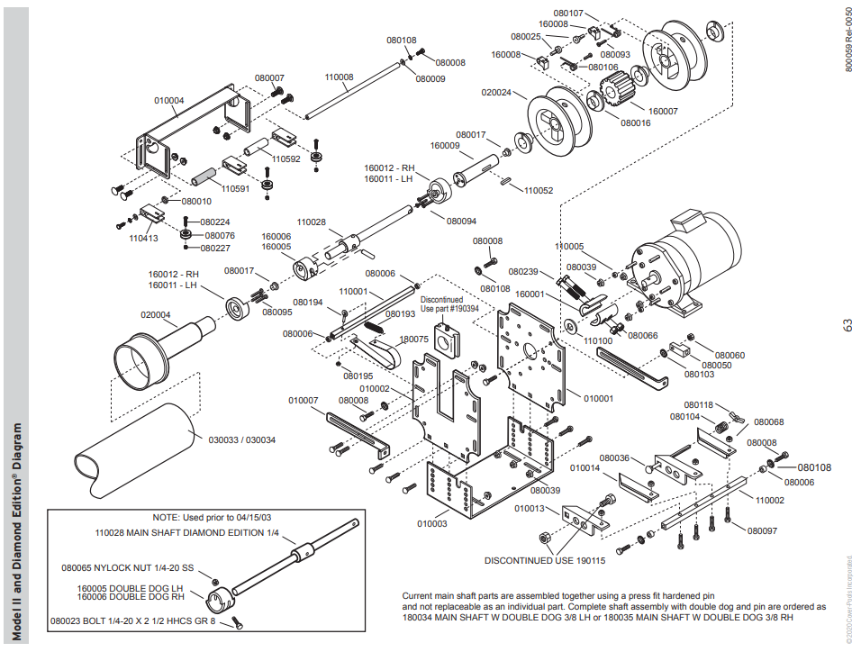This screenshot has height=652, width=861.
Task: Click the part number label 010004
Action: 168,101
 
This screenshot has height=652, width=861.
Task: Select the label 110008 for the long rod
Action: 339,77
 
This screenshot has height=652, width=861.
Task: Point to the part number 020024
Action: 496,93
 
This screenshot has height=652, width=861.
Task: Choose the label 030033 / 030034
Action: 242,440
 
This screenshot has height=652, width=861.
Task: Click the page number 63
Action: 847,325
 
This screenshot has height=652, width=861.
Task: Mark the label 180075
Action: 414,340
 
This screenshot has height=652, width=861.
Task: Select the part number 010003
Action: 432,523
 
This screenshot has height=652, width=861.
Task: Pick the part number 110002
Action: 770,500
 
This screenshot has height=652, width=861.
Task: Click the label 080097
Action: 762,530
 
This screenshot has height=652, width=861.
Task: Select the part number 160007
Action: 663,111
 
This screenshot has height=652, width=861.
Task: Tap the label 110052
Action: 539,190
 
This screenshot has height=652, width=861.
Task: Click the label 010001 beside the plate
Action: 599,397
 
